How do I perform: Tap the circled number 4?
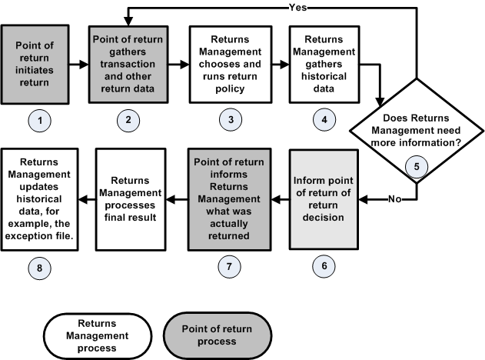click(323, 122)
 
